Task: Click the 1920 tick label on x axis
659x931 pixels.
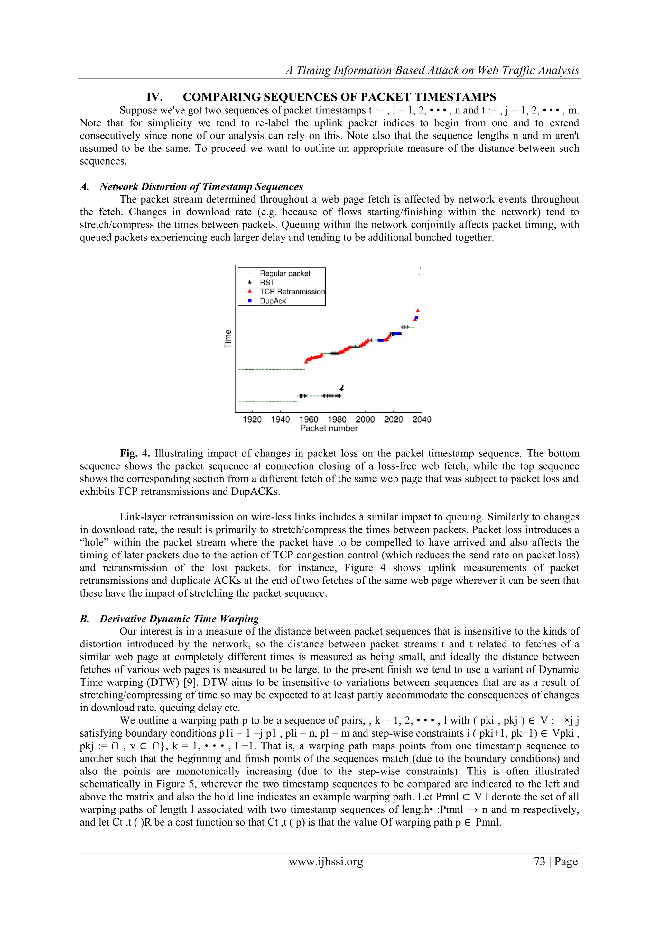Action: (x=252, y=419)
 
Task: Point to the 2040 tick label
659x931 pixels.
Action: (x=422, y=419)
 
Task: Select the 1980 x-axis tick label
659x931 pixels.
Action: (x=337, y=419)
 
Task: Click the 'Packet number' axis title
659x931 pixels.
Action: (x=329, y=429)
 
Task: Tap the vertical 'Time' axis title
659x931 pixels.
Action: (x=228, y=339)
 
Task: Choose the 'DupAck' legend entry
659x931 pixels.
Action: (x=273, y=301)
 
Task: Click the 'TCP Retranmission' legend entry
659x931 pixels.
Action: (x=292, y=292)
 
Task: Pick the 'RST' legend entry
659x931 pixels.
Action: (x=267, y=282)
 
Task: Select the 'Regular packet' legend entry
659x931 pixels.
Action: (x=285, y=273)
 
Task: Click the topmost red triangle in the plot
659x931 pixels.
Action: (x=418, y=311)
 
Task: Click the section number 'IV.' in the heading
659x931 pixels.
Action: (x=154, y=97)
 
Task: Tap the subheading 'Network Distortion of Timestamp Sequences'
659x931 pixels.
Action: (x=201, y=187)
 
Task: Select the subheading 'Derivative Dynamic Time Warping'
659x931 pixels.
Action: (x=179, y=619)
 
